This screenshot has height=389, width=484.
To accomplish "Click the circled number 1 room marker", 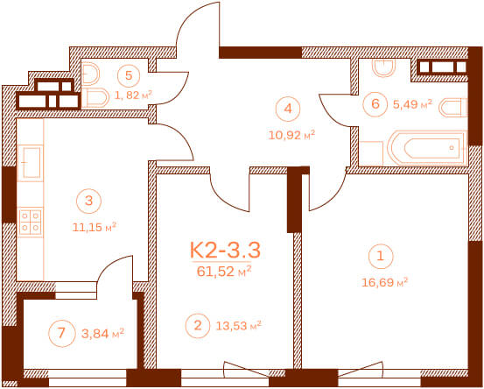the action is coord(381,257).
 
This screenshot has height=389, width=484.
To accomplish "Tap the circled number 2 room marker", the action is coord(198,325).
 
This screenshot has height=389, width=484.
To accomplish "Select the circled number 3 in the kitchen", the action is coord(88,201).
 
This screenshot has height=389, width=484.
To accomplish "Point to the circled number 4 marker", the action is coord(288,109).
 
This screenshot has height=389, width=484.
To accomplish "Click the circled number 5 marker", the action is coord(129,75).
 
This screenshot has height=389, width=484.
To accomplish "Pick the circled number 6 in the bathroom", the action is coord(375,103).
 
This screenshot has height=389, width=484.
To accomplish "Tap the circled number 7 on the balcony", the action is coord(62,334).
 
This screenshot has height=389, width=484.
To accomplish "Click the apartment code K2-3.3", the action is coord(225,250).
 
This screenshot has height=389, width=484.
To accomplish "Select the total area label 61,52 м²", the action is coord(224,272).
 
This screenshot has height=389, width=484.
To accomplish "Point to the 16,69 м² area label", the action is coord(384,282).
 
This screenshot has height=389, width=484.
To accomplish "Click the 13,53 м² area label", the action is coord(238,326).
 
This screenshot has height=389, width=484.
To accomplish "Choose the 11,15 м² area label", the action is coord(95,228).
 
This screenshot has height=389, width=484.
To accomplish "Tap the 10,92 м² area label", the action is coord(291,135).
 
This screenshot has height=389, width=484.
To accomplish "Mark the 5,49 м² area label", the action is coord(412,104).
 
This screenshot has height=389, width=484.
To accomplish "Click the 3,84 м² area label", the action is coord(102,334).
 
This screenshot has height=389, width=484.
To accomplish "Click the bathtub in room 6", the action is coord(427,148).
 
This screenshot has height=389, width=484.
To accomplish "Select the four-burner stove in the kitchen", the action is coord(31,222).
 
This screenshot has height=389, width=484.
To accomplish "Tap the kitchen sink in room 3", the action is coord(31,163).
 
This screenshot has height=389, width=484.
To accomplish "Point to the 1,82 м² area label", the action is coord(134,95).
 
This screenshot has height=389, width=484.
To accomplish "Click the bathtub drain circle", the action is coord(452,148).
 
